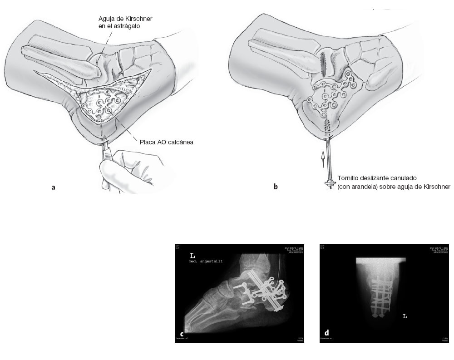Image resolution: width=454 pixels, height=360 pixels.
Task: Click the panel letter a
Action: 54,187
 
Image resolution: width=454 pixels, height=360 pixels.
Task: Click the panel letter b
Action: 276,187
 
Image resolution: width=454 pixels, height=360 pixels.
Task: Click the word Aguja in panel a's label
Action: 107,18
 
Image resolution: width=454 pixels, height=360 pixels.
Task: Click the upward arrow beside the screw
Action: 322,159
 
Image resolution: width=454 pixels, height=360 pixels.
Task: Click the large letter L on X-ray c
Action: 192,256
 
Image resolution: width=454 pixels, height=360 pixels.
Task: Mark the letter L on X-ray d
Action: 405,316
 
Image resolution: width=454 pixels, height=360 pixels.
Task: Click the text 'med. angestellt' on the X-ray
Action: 207,261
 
